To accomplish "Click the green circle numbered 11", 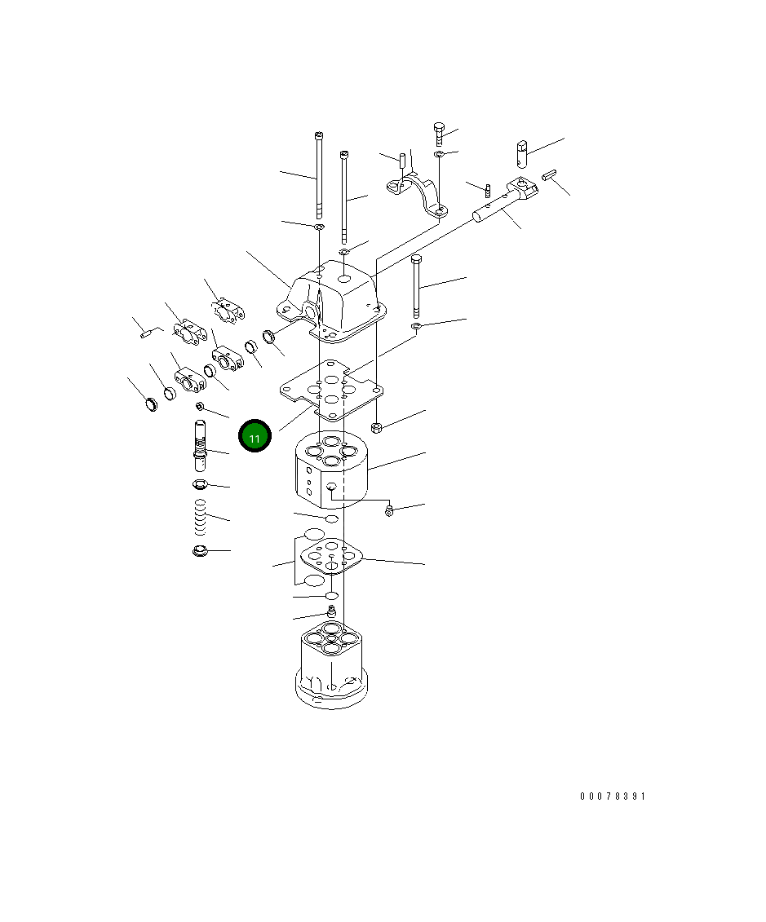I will pos(255,437).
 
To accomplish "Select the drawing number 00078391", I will pos(612,796).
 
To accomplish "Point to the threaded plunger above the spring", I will pos(201,445).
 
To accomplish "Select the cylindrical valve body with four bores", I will pos(330,470).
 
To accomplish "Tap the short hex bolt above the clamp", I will pos(440,132).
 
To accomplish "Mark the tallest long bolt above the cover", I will pos(318,175).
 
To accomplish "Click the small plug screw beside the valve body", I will pos(389,510).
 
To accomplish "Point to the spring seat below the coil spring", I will pos(198,552).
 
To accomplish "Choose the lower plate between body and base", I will pos(330,558).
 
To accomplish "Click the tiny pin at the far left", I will pos(146,332).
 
